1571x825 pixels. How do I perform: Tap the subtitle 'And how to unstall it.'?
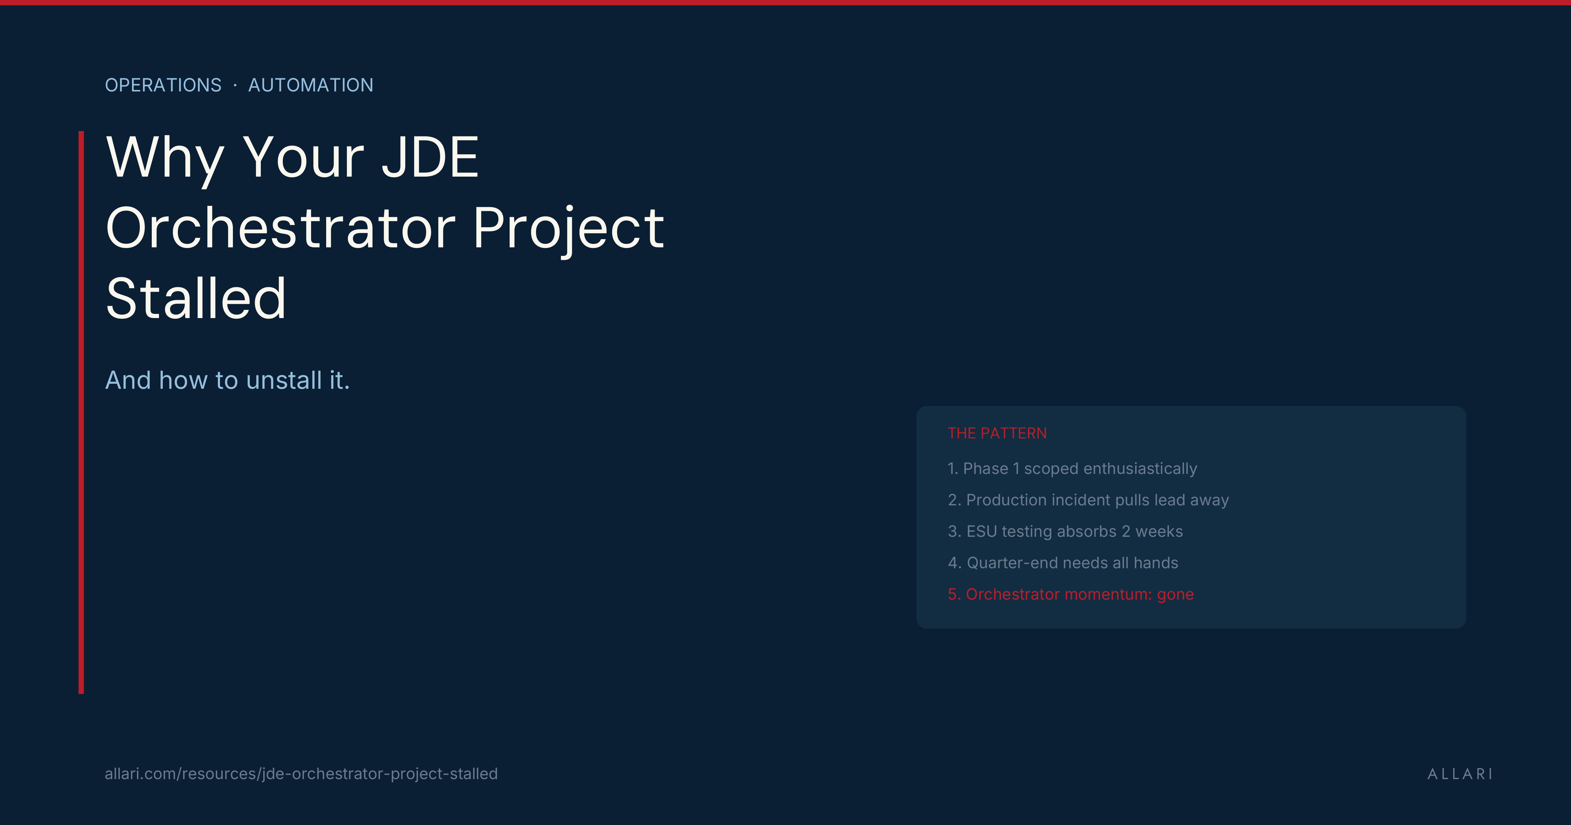[227, 380]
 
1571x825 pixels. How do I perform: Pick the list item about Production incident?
[1088, 500]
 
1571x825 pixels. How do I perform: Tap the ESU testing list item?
[1065, 531]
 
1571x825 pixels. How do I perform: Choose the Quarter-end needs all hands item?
[1062, 563]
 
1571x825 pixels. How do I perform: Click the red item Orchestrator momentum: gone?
[1070, 594]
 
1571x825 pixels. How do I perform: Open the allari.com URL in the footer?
[301, 774]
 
